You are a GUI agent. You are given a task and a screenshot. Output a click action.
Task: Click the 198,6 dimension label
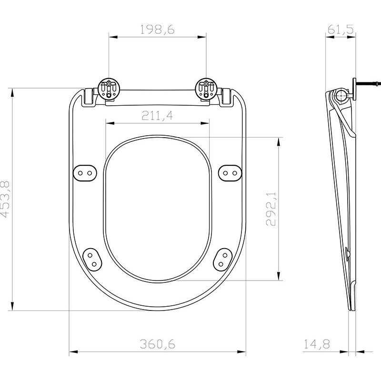click(158, 30)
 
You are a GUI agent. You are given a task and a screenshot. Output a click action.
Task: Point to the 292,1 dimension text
click(271, 209)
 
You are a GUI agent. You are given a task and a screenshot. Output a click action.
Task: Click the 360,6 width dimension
click(157, 344)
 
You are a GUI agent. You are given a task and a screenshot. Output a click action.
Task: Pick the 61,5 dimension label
click(340, 30)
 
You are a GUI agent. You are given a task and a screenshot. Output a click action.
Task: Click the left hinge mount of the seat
click(109, 89)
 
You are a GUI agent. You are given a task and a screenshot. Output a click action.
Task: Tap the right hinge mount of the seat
click(207, 89)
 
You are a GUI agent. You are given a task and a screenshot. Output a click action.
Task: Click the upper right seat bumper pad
click(230, 172)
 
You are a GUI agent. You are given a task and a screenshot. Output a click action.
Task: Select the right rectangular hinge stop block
click(227, 97)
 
